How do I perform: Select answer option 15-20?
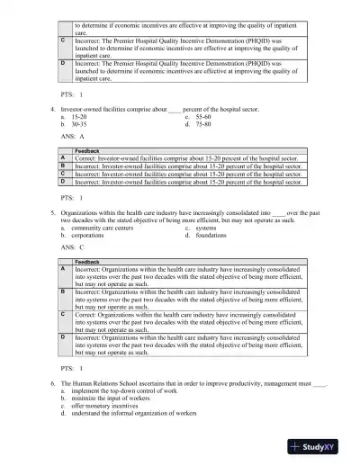tap(80, 117)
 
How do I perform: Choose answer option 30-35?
tap(80, 125)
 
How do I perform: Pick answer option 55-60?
tap(203, 117)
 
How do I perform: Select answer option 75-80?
tap(203, 125)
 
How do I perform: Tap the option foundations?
tap(211, 236)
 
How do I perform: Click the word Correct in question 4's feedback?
tap(87, 157)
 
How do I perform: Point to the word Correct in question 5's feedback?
tap(87, 315)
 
